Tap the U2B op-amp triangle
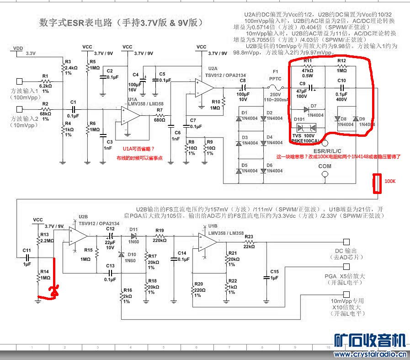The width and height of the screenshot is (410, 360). click(x=78, y=236)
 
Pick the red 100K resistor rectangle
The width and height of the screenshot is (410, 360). click(x=378, y=183)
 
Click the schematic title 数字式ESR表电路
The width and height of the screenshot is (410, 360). click(x=76, y=22)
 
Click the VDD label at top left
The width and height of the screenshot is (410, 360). click(x=18, y=48)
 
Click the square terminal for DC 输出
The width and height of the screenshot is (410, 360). click(x=346, y=242)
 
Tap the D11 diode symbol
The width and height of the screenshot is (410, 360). click(x=134, y=236)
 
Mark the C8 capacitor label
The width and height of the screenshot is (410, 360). click(x=242, y=81)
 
